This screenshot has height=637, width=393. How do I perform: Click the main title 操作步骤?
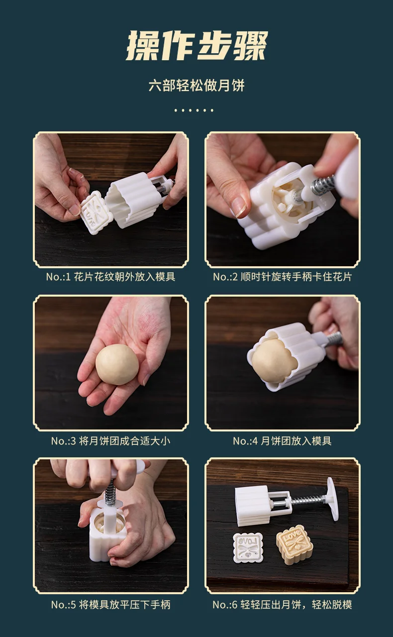pos(196,46)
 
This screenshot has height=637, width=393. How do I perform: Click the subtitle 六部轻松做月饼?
pos(196,85)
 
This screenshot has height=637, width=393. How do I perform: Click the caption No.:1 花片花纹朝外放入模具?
pos(110,277)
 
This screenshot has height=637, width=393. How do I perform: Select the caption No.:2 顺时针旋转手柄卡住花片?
pos(282,277)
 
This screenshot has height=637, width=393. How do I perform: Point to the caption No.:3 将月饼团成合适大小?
pos(110,440)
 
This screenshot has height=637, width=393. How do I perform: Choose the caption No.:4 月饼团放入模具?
pos(282,440)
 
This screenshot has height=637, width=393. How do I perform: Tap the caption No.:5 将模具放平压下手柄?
pos(110,605)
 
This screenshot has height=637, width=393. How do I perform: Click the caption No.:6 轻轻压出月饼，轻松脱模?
pos(282,605)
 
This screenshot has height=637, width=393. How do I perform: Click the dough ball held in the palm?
pos(117,365)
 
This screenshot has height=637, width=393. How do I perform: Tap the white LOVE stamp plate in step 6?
pos(248,547)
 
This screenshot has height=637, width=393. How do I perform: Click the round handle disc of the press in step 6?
pos(332,499)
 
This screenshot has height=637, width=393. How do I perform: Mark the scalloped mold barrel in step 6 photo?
pos(252,505)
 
